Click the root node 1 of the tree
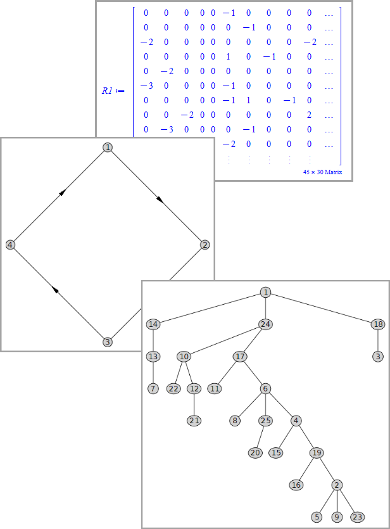(x=265, y=292)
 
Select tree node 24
(x=265, y=324)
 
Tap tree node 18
(x=379, y=324)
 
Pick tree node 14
(x=153, y=324)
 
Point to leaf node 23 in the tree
(x=356, y=517)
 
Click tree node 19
(x=317, y=452)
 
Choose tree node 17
(x=240, y=356)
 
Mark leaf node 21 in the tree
(x=194, y=421)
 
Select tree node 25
(x=265, y=421)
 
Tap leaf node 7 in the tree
(x=153, y=388)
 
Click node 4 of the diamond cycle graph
(x=10, y=245)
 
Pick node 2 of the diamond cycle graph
(x=204, y=245)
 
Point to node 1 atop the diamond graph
(x=108, y=148)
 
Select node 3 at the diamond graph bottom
(x=108, y=342)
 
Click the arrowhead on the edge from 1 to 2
(x=160, y=200)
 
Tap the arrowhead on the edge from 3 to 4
(x=56, y=290)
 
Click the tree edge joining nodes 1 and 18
(x=322, y=308)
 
